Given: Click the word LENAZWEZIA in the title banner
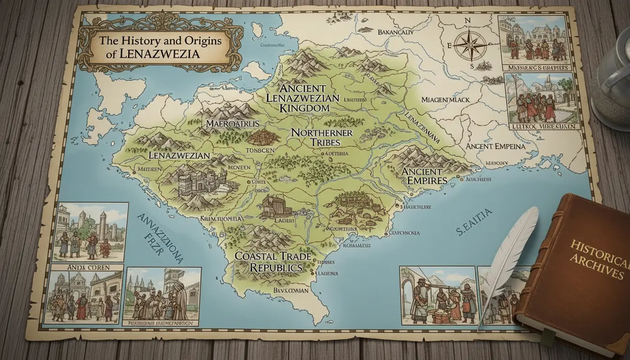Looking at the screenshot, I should point(159,53).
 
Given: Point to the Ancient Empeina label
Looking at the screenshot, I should point(495,146).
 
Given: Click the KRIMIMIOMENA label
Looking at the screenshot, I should point(220,218).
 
